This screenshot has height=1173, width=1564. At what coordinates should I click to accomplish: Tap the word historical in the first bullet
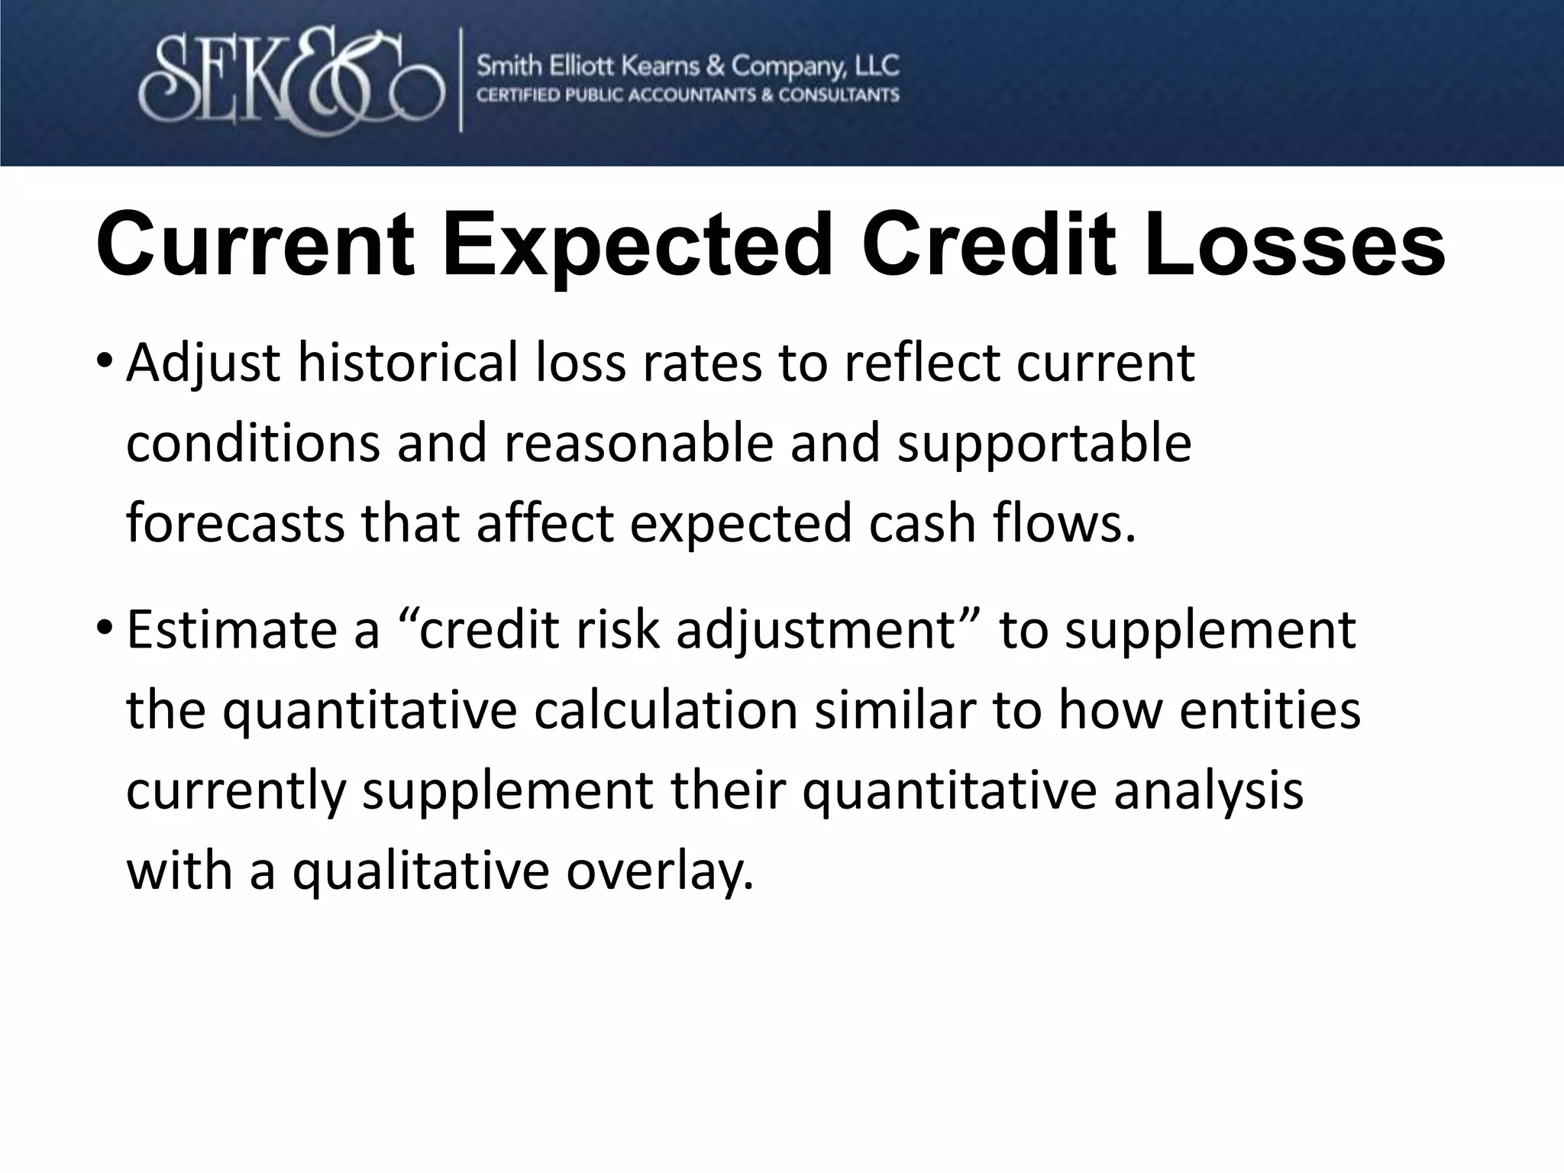[x=408, y=362]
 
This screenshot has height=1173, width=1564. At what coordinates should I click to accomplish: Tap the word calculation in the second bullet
[x=664, y=711]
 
